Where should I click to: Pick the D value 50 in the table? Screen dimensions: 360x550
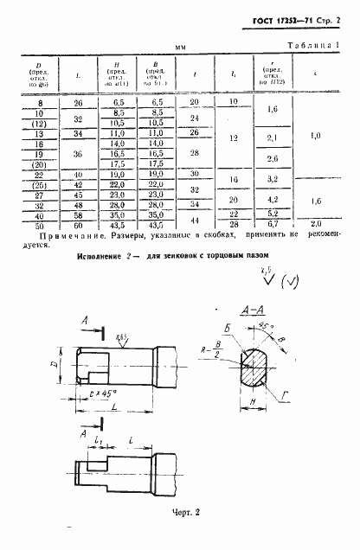(37, 224)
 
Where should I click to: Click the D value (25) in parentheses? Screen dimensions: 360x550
(37, 185)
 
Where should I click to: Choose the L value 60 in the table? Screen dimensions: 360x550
(78, 224)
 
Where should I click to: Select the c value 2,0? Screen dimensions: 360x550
(316, 224)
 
